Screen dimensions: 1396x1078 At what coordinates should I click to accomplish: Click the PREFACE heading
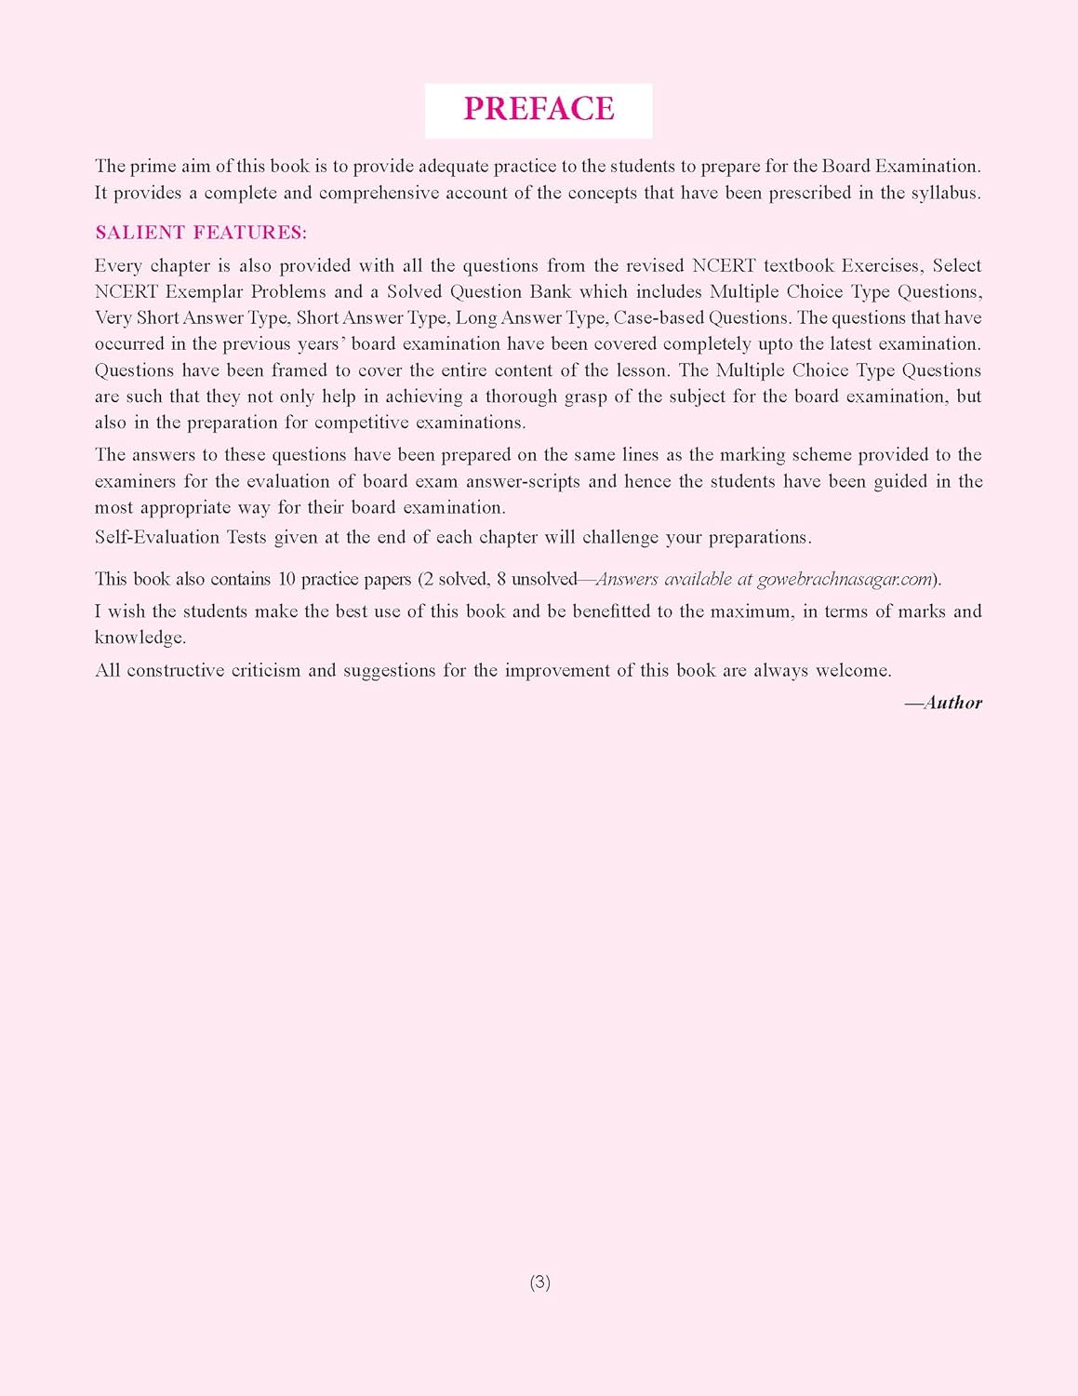pos(539,109)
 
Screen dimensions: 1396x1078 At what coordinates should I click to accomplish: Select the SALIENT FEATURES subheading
pos(201,233)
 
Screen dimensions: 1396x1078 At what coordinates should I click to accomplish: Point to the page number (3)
pos(539,1282)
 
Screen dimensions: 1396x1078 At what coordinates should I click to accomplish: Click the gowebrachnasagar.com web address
pos(845,579)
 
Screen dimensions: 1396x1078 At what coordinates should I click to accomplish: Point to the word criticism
pos(256,671)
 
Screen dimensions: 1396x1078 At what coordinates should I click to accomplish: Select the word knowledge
pos(139,638)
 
